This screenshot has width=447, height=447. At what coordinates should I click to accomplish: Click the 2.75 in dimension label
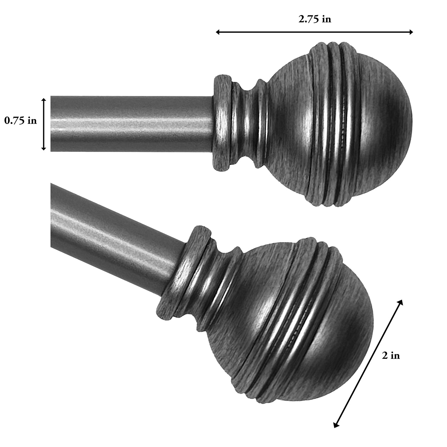tap(314, 19)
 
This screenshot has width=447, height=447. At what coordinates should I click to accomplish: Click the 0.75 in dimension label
tap(20, 121)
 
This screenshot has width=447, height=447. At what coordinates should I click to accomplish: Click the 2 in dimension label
tap(391, 356)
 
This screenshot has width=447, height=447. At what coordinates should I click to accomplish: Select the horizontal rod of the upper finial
tap(131, 124)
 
